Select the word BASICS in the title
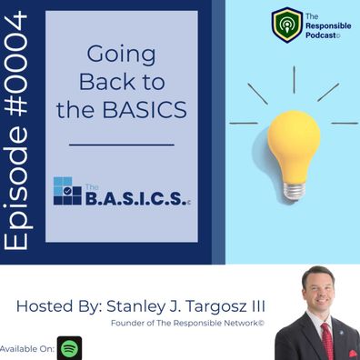click(145, 109)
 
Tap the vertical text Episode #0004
click(15, 130)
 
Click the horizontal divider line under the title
click(122, 145)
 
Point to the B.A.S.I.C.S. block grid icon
click(67, 191)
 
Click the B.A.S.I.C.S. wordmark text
click(135, 198)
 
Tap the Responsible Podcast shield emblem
click(287, 25)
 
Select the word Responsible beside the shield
click(328, 25)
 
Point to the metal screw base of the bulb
click(295, 192)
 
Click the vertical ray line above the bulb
click(294, 79)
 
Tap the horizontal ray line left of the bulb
click(244, 123)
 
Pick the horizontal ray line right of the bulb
click(345, 123)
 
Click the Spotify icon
click(70, 348)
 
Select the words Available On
click(27, 349)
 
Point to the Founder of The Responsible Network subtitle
click(187, 323)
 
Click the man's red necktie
click(327, 341)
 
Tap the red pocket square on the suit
click(354, 354)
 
